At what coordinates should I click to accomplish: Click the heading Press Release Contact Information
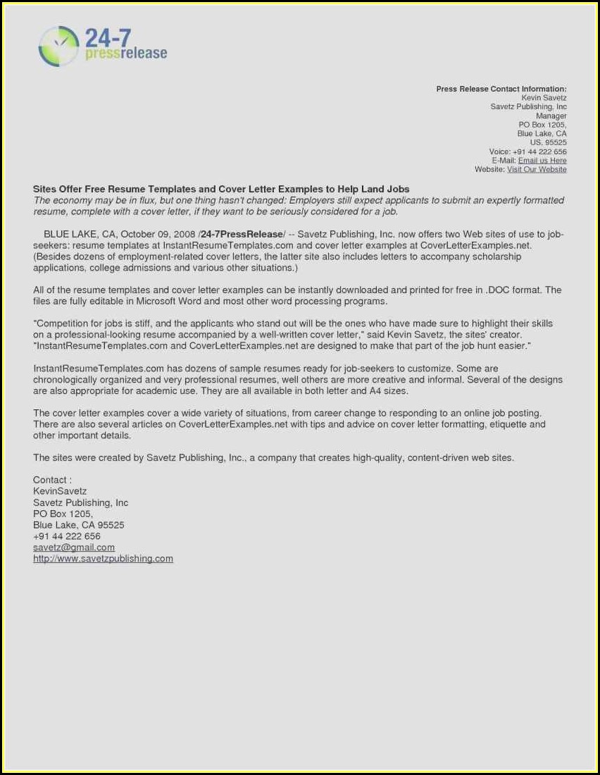(x=501, y=89)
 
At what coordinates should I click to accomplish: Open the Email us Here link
(x=542, y=161)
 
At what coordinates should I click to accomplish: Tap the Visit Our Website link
(x=537, y=170)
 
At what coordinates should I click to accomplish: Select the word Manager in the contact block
(x=551, y=116)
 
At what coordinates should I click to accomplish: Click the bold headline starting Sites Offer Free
(x=221, y=190)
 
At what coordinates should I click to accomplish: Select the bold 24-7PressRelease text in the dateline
(x=242, y=234)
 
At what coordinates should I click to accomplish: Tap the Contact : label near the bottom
(x=52, y=480)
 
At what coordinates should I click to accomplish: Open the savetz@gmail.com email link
(x=74, y=547)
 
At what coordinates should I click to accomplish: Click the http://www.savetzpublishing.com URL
(x=103, y=559)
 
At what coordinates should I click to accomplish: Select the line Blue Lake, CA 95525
(x=78, y=525)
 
